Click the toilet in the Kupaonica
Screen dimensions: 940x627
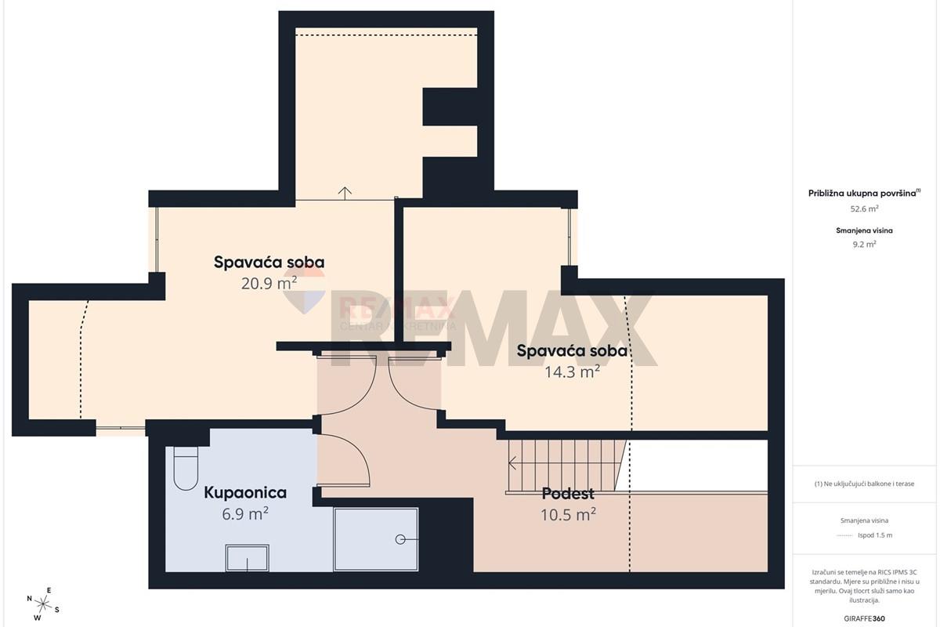[x=186, y=468]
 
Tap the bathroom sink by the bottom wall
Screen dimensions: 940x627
[x=248, y=558]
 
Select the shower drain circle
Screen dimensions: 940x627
[x=400, y=539]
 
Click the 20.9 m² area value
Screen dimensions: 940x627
[x=269, y=284]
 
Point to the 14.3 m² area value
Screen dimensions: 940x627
[x=572, y=371]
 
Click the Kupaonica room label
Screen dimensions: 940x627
[x=245, y=493]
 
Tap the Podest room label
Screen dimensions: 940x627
[x=568, y=494]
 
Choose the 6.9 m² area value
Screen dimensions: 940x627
[x=245, y=513]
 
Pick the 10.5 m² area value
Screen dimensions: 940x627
[x=568, y=514]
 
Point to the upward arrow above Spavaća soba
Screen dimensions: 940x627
[x=345, y=193]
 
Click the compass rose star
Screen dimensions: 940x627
[x=43, y=604]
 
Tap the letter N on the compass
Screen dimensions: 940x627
[x=30, y=599]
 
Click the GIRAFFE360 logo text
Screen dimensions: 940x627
[x=865, y=618]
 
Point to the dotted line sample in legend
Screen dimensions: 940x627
[x=844, y=535]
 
